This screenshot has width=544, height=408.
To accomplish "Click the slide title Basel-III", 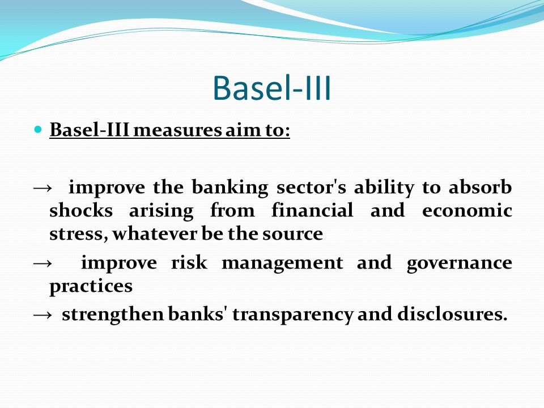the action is click(271, 88).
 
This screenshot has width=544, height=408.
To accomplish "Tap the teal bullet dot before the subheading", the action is click(38, 130).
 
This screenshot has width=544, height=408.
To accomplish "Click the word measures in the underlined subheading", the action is click(177, 130).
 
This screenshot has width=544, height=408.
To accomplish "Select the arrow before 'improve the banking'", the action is click(42, 188).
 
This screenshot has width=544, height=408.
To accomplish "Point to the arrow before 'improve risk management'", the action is click(42, 263).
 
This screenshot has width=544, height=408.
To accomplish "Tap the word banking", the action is click(230, 188).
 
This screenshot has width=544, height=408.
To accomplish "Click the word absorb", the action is click(480, 188).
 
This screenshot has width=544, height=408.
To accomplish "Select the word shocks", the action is click(81, 210).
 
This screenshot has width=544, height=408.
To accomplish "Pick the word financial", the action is click(312, 210).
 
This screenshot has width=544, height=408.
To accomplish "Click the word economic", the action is click(467, 211).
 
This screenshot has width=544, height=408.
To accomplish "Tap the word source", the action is click(292, 234).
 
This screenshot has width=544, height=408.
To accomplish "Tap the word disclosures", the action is click(452, 314).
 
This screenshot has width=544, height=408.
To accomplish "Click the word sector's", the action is click(311, 188).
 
